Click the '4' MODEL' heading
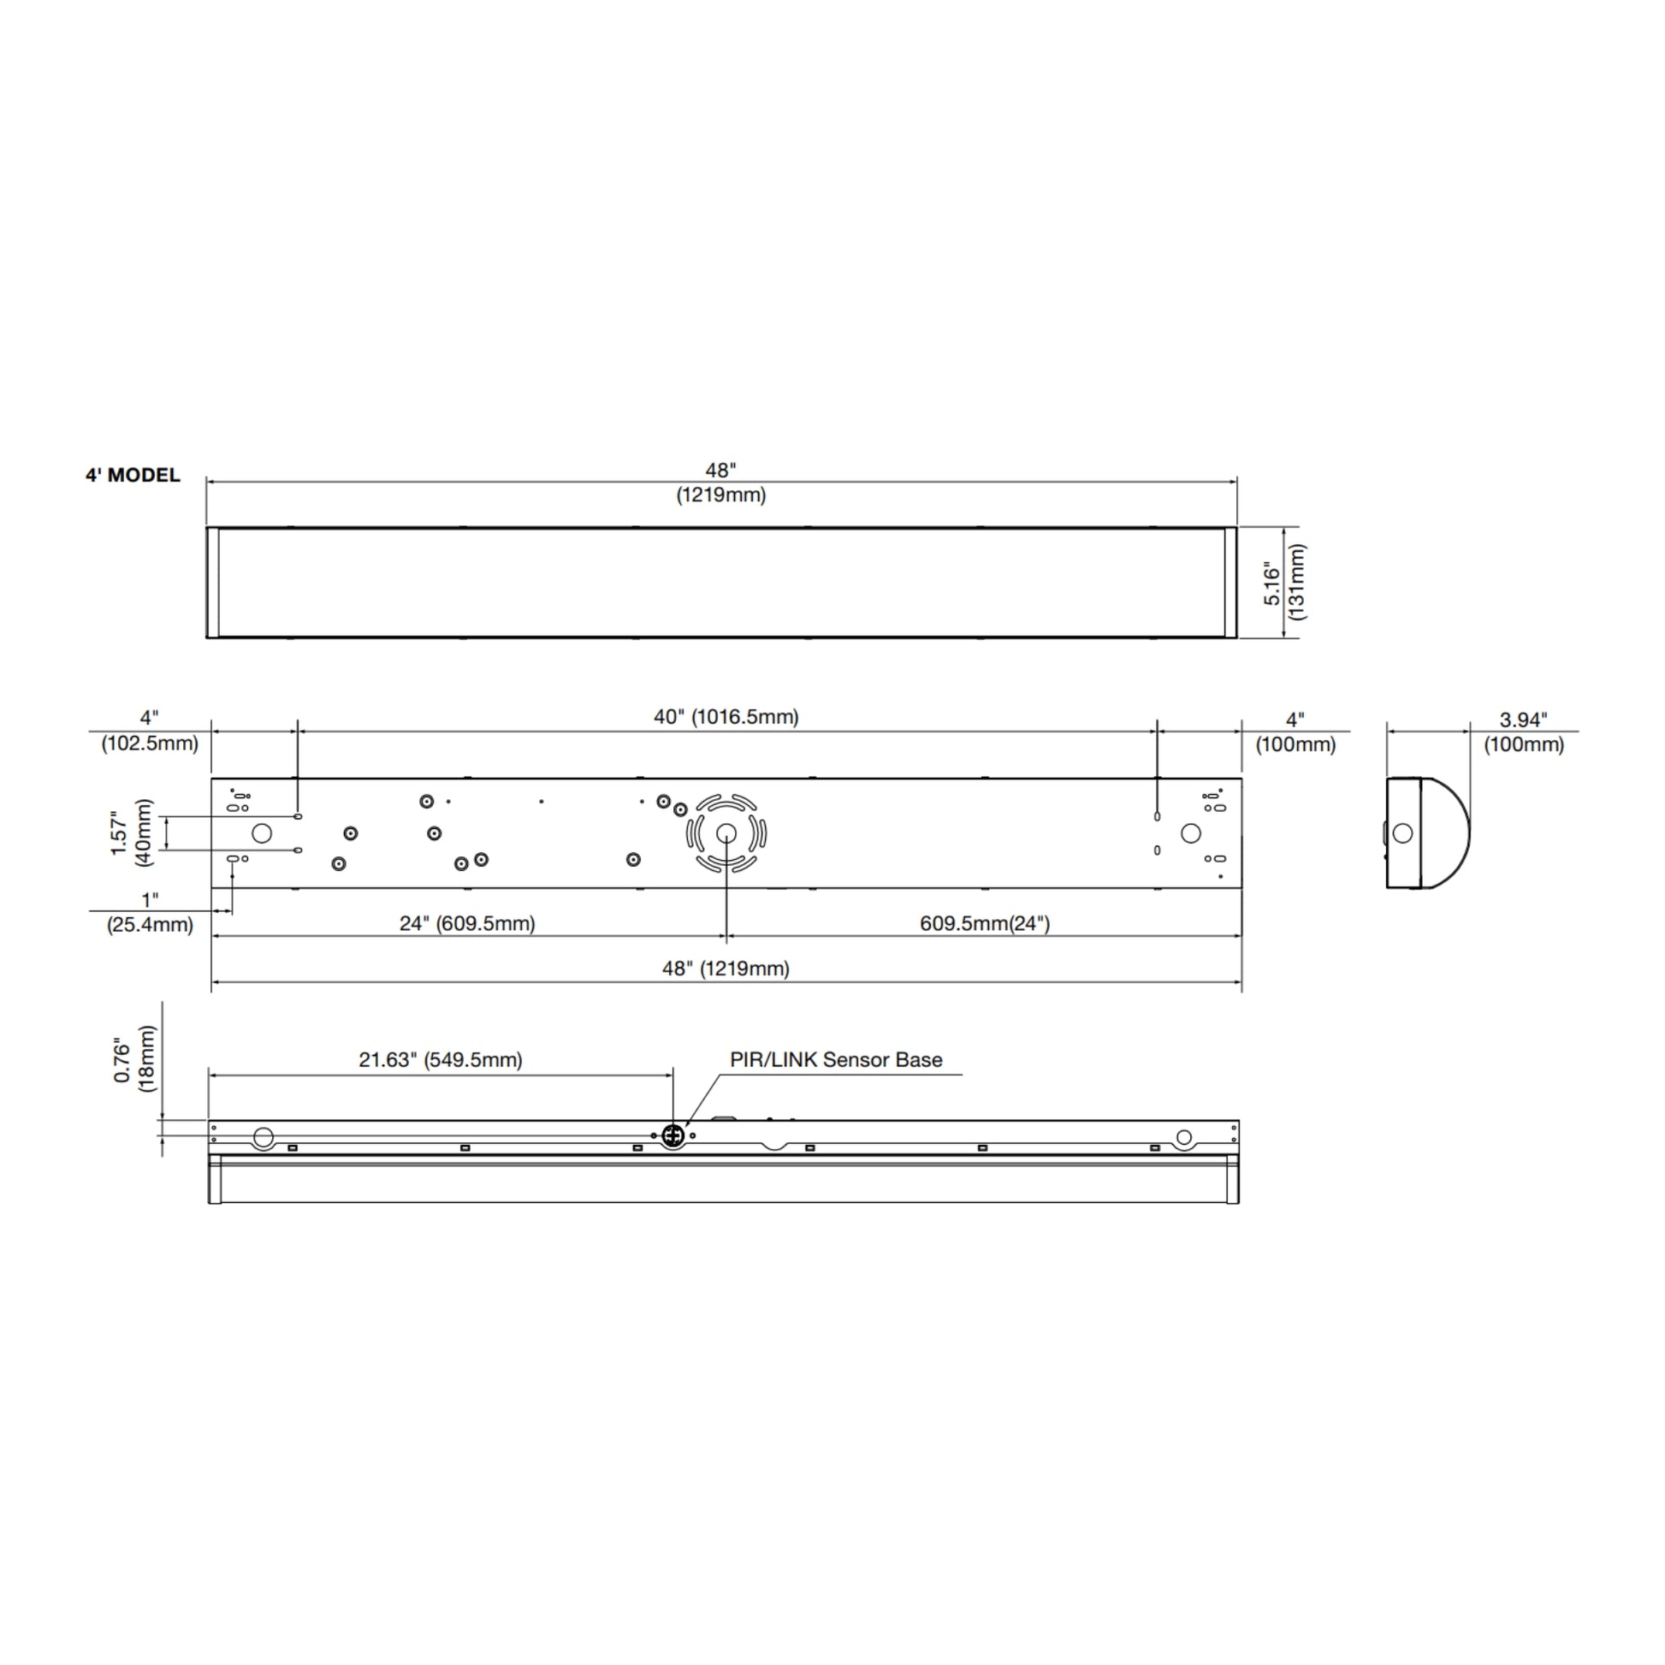pos(133,475)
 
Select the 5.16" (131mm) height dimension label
pos(1284,583)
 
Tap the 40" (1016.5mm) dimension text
pos(726,717)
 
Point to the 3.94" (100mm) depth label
pos(1523,732)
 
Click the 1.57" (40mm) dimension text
pos(131,832)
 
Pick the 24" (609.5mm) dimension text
pos(467,924)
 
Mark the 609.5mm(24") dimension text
pos(984,924)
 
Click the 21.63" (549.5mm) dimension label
pos(441,1060)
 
